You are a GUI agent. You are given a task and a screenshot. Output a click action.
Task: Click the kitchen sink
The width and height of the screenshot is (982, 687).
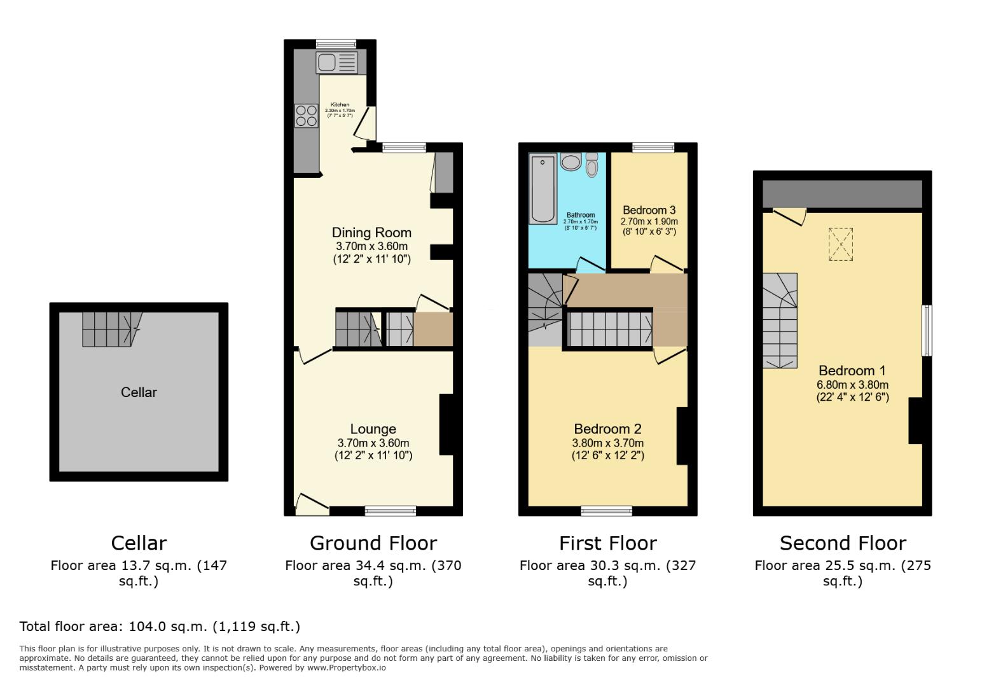pos(337,62)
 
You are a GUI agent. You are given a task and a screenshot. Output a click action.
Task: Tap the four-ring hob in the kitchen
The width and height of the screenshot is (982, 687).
pos(306,115)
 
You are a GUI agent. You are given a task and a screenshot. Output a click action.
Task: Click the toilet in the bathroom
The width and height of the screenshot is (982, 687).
pos(592,165)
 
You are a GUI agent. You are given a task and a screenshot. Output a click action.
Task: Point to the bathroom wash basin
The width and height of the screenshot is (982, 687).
pos(571,162)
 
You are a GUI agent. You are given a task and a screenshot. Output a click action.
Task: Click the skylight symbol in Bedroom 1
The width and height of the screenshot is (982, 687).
pos(840,244)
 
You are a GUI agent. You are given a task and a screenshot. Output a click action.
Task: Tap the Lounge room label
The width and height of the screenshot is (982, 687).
pos(373,429)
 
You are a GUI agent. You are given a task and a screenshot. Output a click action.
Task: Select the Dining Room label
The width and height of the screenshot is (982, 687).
pos(371,233)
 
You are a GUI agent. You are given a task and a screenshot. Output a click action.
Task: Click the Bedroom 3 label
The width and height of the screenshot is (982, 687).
pos(649,210)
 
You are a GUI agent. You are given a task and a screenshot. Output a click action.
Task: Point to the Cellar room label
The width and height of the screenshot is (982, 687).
pos(139,392)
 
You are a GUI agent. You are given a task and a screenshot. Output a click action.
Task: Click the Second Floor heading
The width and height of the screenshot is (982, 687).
pos(842,543)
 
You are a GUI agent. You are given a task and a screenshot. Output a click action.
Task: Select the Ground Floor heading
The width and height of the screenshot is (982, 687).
pos(373,543)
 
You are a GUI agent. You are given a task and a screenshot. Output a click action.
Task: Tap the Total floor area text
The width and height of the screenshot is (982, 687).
pos(160,627)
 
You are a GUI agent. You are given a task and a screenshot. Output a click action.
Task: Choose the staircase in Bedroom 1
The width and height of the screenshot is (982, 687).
pos(780,321)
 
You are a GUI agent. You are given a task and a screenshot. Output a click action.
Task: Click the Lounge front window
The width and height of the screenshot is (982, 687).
pos(390,510)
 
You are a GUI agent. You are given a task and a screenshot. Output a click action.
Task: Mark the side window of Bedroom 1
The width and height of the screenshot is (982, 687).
pos(927,330)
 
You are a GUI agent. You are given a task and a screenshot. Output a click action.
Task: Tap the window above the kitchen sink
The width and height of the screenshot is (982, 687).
pos(336,44)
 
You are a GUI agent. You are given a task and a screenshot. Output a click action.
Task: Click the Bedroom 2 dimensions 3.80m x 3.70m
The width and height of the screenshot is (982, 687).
pos(607,443)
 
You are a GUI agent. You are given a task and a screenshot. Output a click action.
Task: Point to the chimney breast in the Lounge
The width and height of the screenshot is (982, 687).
pos(446,424)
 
